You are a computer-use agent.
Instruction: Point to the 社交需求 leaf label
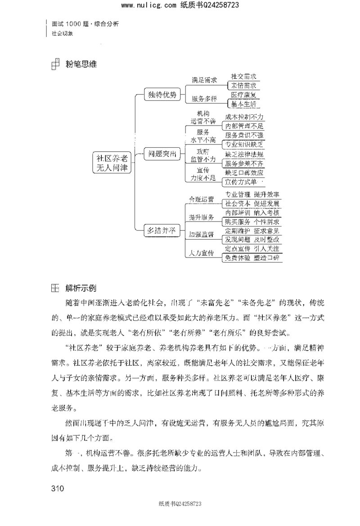coord(243,77)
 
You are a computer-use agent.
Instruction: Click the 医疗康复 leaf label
coord(243,95)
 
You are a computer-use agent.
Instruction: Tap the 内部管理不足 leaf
coord(244,126)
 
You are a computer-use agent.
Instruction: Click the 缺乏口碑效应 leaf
coord(243,172)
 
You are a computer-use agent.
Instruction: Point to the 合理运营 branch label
coord(201,199)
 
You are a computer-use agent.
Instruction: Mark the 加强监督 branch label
coord(201,234)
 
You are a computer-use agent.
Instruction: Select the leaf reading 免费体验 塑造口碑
coord(252,258)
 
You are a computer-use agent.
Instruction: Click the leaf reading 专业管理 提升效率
coord(252,195)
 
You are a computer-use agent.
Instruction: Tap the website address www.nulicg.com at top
coord(148,5)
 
